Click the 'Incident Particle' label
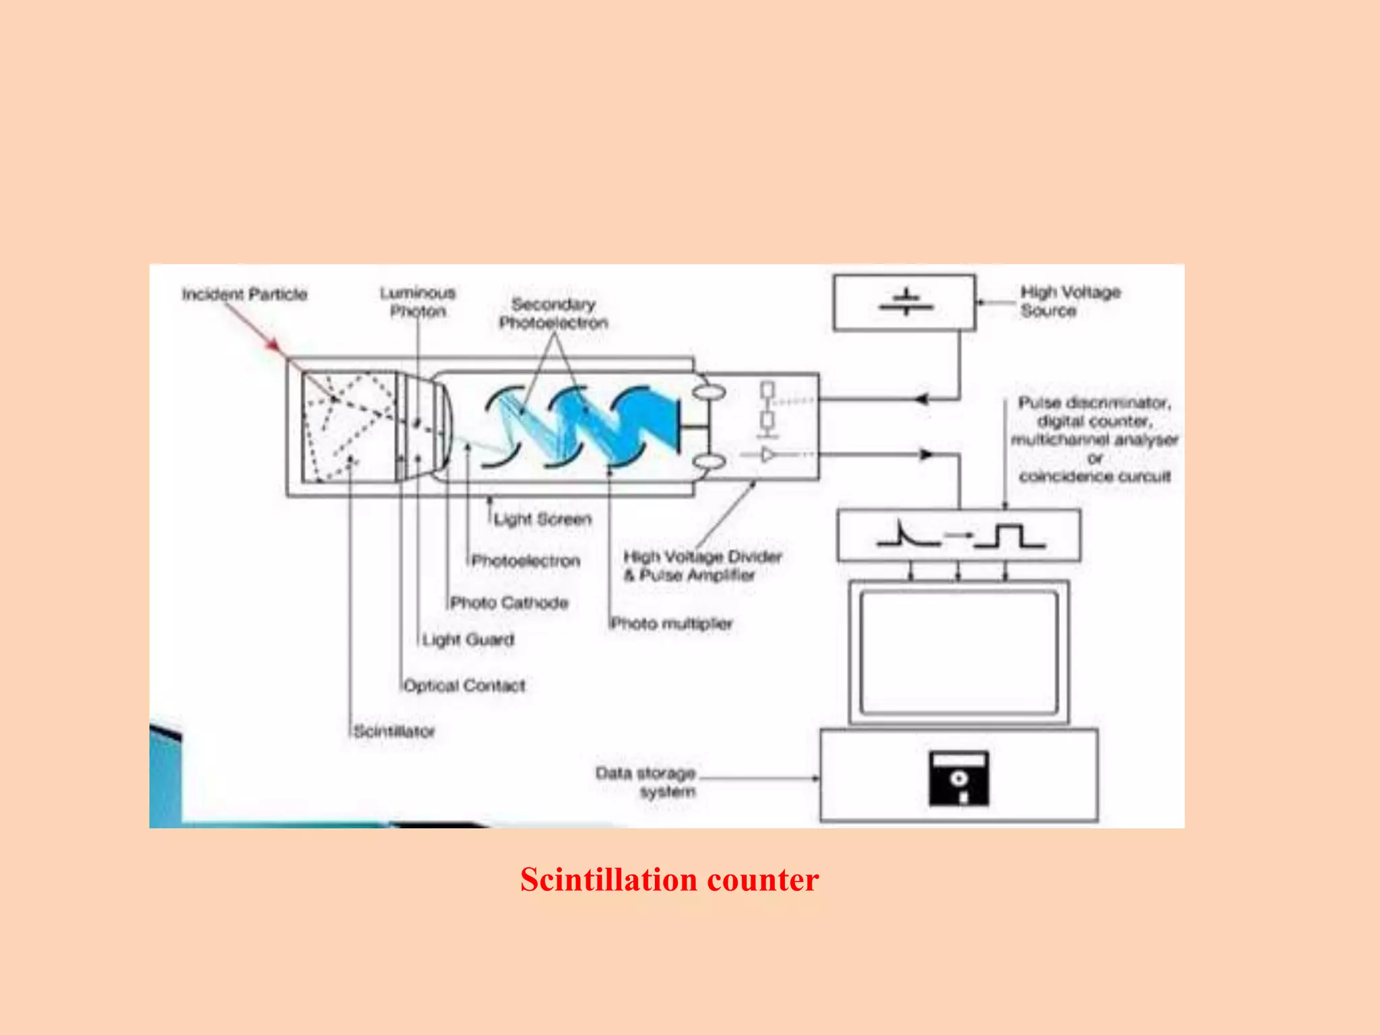tap(244, 294)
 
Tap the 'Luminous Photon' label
tap(418, 302)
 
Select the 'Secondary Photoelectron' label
tap(553, 313)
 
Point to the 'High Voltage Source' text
tap(1070, 301)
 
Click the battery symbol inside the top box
tap(906, 303)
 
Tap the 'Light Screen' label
tap(542, 520)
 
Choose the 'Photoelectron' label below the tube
tap(526, 561)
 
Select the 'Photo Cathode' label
tap(509, 602)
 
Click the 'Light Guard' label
tap(468, 639)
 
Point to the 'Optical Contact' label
tap(464, 686)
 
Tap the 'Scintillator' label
tap(395, 731)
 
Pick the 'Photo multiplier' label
tap(671, 623)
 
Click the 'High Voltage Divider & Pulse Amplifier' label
tap(701, 566)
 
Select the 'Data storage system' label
tap(646, 782)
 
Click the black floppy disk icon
tap(958, 779)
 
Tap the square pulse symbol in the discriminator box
tap(1009, 536)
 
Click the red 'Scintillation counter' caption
tap(669, 880)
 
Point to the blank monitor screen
tap(958, 652)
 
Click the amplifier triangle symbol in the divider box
tap(767, 455)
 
